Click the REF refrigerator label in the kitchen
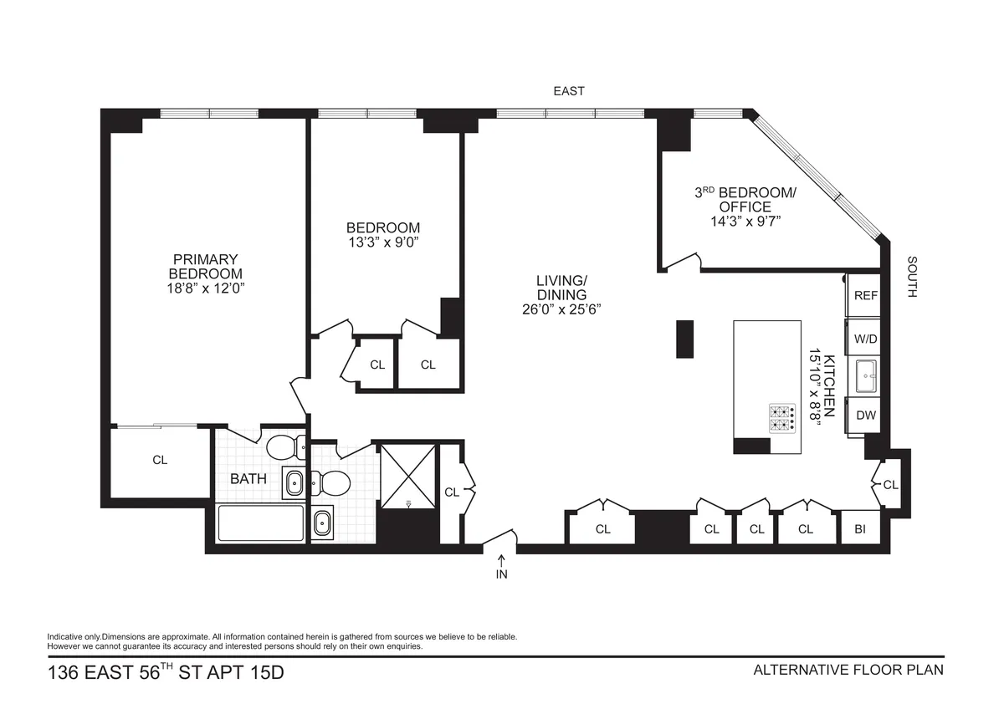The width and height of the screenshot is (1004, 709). (x=865, y=295)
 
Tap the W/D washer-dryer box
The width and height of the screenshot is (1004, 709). (x=865, y=339)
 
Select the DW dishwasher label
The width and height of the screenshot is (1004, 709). (x=865, y=416)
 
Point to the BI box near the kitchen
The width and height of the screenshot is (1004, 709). (x=860, y=528)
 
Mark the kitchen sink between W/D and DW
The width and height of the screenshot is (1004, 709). (x=865, y=377)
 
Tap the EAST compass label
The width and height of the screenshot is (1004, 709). (x=569, y=90)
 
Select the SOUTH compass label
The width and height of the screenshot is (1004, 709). (x=912, y=277)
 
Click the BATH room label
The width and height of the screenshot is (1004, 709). (x=248, y=479)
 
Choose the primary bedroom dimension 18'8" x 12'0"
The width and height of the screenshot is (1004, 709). (x=206, y=288)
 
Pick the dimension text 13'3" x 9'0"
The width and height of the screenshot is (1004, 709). (x=383, y=242)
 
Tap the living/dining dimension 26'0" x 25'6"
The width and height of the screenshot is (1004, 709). (x=561, y=309)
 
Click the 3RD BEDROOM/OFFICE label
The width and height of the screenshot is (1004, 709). (x=745, y=199)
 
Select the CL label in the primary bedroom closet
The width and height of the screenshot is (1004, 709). (x=160, y=460)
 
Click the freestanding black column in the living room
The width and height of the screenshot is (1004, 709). (x=685, y=339)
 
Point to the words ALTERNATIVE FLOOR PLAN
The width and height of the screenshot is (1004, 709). (x=848, y=670)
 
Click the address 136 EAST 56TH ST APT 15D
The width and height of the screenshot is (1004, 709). (x=166, y=671)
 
